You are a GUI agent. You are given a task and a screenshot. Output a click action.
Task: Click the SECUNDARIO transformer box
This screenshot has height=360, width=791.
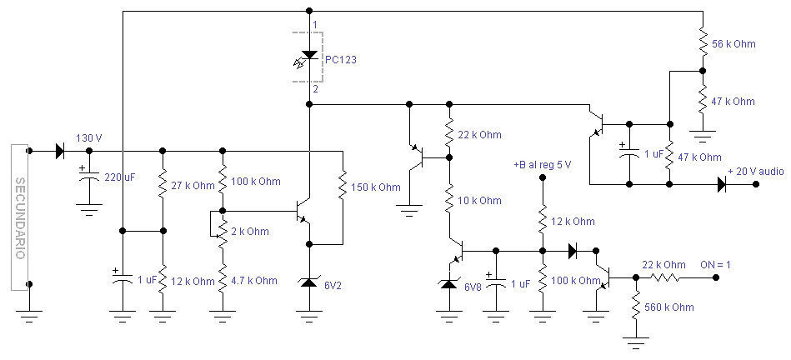tap(19, 217)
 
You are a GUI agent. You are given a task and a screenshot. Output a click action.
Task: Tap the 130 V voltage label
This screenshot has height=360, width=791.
tap(89, 138)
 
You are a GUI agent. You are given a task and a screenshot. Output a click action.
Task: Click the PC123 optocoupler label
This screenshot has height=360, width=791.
tap(341, 59)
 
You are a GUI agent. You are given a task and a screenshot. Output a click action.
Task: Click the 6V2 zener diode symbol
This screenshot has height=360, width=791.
tap(309, 282)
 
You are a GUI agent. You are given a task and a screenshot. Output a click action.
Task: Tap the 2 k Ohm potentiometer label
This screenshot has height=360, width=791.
tap(250, 232)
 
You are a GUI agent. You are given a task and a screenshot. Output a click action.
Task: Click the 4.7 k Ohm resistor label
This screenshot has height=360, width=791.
tap(254, 281)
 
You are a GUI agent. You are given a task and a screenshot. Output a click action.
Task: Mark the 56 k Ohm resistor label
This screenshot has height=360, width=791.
tap(733, 44)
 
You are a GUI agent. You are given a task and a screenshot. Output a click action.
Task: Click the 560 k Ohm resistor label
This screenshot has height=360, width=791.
tap(669, 307)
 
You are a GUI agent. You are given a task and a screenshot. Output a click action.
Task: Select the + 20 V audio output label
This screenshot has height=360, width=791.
tap(756, 172)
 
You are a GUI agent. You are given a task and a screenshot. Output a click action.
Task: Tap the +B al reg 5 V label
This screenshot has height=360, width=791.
tap(542, 165)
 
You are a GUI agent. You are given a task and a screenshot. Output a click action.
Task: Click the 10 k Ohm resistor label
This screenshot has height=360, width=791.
tap(479, 201)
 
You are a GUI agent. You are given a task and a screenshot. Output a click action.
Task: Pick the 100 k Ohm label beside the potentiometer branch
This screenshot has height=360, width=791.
tap(256, 181)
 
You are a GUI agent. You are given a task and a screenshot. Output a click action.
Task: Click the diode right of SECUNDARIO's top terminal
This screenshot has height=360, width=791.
tap(59, 150)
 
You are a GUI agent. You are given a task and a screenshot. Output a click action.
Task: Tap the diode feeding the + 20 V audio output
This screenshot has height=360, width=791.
tap(722, 184)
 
